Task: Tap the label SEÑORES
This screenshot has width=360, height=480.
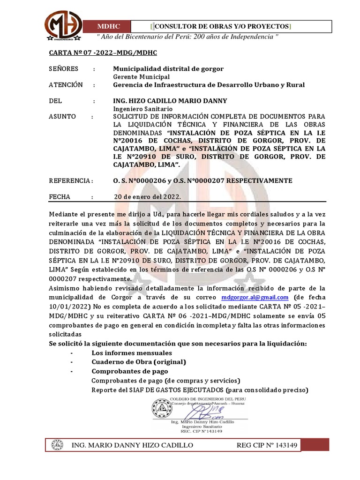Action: click(x=64, y=69)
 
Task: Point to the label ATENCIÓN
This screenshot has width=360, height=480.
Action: click(x=66, y=85)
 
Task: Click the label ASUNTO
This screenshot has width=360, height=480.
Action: click(x=63, y=117)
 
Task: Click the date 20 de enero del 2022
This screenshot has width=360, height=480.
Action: click(x=148, y=197)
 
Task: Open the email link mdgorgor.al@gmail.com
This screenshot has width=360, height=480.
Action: click(x=255, y=298)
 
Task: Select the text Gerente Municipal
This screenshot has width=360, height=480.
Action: click(x=142, y=77)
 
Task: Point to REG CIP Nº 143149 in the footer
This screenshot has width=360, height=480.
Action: click(x=267, y=445)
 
